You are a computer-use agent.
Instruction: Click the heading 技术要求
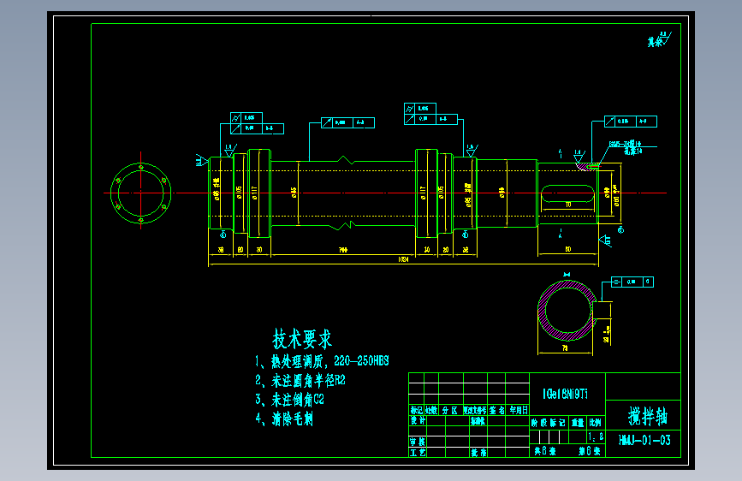pyautogui.click(x=302, y=339)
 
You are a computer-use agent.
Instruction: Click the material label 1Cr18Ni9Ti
pyautogui.click(x=565, y=395)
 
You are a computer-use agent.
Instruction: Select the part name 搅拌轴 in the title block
pyautogui.click(x=648, y=417)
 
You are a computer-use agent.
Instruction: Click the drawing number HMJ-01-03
pyautogui.click(x=644, y=441)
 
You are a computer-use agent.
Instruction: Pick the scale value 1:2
pyautogui.click(x=595, y=436)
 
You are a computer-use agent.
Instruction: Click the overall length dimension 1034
pyautogui.click(x=402, y=259)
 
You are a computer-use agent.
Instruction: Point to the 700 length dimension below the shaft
pyautogui.click(x=342, y=249)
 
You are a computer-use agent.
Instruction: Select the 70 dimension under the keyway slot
pyautogui.click(x=568, y=205)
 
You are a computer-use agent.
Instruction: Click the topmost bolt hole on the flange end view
pyautogui.click(x=141, y=164)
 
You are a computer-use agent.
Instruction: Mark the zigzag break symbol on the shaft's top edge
pyautogui.click(x=343, y=159)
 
